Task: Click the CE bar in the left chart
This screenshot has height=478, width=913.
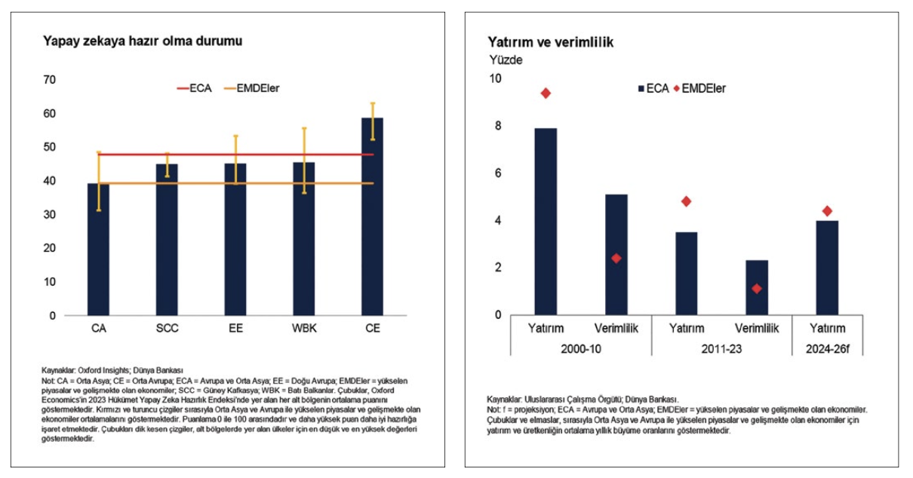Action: (x=372, y=219)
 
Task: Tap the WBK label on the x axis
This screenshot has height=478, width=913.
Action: (x=304, y=329)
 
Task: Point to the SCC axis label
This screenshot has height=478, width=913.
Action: (x=168, y=329)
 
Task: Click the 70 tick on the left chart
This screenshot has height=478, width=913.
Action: (x=50, y=80)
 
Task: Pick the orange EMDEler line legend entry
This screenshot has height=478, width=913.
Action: (x=254, y=88)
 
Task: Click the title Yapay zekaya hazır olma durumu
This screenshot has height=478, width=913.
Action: (x=143, y=41)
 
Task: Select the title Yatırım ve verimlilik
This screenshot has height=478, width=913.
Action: (x=550, y=42)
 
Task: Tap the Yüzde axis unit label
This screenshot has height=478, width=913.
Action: (x=505, y=60)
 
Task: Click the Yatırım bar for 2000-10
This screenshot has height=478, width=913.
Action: (x=546, y=222)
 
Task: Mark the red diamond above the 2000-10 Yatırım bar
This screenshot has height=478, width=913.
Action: (x=546, y=93)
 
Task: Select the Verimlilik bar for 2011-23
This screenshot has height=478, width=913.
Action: (x=757, y=287)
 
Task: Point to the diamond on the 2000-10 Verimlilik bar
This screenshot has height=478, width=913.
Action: (x=616, y=258)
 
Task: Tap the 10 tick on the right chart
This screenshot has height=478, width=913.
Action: (x=495, y=78)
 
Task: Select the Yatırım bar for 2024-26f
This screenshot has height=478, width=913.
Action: (x=827, y=268)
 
